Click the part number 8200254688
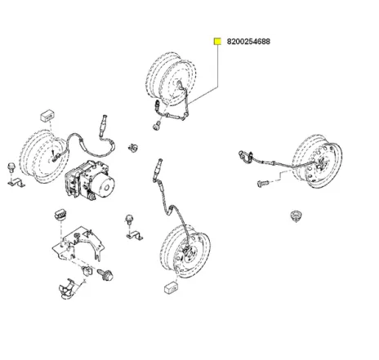[x=248, y=42]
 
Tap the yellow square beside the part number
[x=217, y=42]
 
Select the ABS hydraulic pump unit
[x=90, y=180]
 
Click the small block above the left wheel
[x=47, y=115]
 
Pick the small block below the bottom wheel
[x=172, y=287]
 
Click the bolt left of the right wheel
[x=263, y=183]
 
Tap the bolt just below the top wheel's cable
[x=157, y=127]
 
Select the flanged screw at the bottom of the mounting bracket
[x=106, y=274]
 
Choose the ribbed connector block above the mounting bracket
[x=61, y=215]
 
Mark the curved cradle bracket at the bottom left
[x=67, y=289]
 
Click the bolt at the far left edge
[x=11, y=167]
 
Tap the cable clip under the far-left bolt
[x=16, y=183]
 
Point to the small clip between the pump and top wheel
[x=133, y=147]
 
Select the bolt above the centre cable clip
[x=129, y=219]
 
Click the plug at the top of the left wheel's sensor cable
[x=103, y=125]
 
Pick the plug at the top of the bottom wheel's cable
[x=158, y=169]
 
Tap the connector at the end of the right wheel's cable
[x=245, y=157]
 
